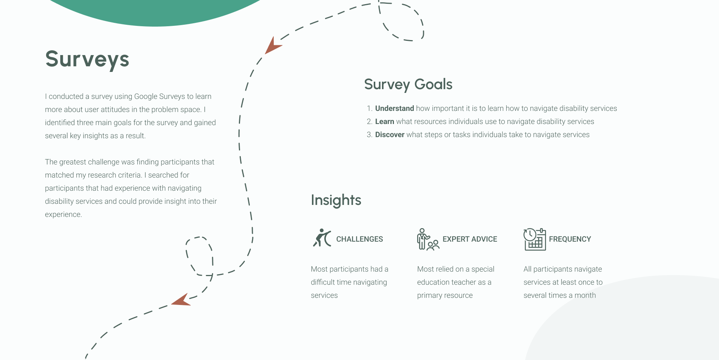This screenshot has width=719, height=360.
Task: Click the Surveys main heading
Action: (x=87, y=60)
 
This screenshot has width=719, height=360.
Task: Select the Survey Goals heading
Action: (x=408, y=85)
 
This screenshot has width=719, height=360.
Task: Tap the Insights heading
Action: (x=336, y=200)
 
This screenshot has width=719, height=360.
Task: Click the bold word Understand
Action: (x=394, y=109)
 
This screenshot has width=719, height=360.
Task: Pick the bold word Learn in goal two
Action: (x=385, y=122)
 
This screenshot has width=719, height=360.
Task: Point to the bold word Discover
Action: (x=389, y=135)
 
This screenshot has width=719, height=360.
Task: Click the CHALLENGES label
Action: (x=359, y=239)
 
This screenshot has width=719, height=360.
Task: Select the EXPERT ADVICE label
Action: (x=470, y=239)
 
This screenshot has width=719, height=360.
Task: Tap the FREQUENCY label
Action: (x=570, y=239)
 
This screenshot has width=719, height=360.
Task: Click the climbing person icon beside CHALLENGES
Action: (x=322, y=238)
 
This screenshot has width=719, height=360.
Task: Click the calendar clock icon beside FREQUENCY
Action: (x=534, y=239)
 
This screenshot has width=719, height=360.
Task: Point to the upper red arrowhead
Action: (x=272, y=46)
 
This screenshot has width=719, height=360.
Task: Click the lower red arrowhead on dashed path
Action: (x=182, y=300)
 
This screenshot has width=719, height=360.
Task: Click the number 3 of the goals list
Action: (x=369, y=135)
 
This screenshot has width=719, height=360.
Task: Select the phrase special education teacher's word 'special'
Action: (x=483, y=269)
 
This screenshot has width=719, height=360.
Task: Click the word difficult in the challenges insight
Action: (x=324, y=282)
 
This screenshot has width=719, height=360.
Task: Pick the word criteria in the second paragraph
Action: (x=130, y=175)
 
